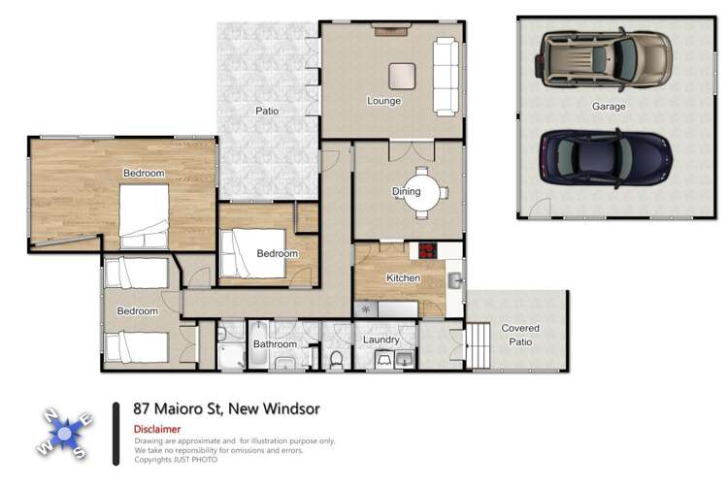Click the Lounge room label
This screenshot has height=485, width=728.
(383, 101)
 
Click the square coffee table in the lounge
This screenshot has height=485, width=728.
(402, 75)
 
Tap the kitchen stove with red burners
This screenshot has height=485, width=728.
(429, 251)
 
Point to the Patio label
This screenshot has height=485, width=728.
(267, 111)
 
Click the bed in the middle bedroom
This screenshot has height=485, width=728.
(253, 251)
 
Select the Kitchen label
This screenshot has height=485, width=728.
(403, 278)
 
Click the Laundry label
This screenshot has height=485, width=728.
(381, 339)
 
